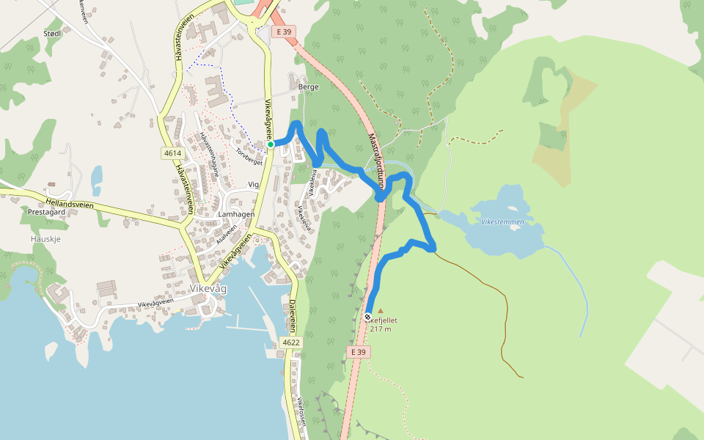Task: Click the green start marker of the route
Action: tap(271, 144)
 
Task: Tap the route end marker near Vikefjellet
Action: tap(368, 317)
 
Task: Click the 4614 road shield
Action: tap(173, 153)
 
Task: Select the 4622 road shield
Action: tap(290, 342)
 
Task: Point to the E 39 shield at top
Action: tap(282, 32)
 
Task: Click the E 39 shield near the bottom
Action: tap(358, 353)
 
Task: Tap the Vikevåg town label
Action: tap(208, 289)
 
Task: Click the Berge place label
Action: tap(309, 87)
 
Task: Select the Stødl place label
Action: tap(54, 33)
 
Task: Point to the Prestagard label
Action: tap(47, 211)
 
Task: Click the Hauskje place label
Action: tap(45, 239)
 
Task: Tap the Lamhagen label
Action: tap(236, 215)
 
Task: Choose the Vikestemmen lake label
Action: tap(502, 221)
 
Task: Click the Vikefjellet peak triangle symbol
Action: tap(380, 311)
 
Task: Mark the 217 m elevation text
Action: tap(381, 329)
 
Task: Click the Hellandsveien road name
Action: tap(70, 202)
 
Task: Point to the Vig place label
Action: tap(254, 185)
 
